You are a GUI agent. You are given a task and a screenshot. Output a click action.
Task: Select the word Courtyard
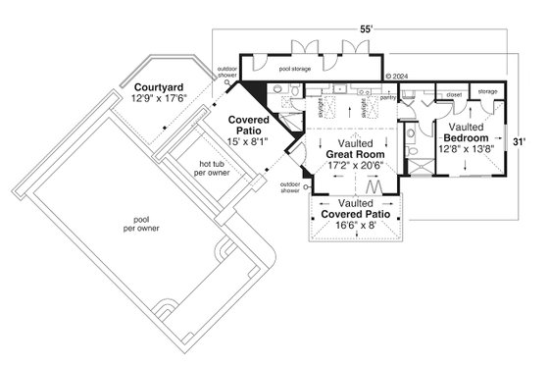pos(161,86)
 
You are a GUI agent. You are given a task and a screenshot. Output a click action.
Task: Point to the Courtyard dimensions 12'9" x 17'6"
pos(161,98)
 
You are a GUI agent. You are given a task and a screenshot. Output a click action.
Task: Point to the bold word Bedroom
pos(466,139)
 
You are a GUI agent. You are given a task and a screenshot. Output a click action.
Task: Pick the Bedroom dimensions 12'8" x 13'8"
pos(466,151)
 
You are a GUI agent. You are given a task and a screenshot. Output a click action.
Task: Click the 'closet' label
pos(453,95)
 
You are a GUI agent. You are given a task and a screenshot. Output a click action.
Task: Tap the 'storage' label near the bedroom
pos(487,95)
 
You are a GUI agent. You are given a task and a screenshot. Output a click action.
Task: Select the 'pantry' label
pos(386,97)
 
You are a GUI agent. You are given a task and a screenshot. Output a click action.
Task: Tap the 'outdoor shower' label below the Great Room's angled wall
pos(291,186)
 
